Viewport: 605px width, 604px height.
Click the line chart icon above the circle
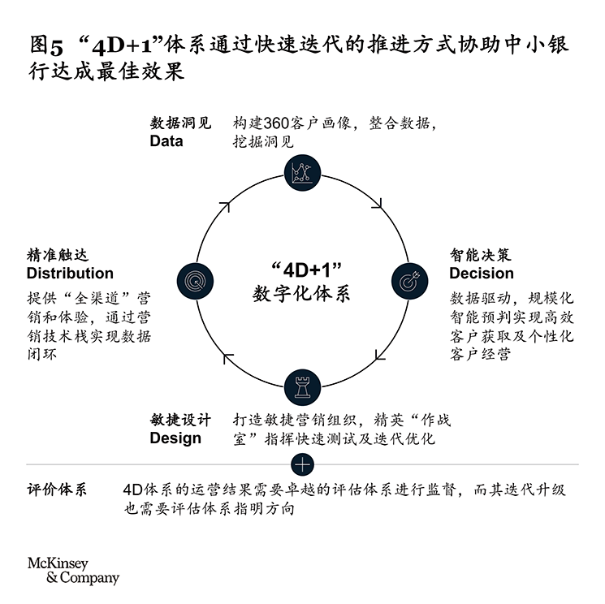click(302, 173)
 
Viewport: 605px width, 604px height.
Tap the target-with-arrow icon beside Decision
click(409, 281)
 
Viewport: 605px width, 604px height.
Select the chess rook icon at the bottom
click(302, 387)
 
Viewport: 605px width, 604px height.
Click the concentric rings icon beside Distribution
click(195, 281)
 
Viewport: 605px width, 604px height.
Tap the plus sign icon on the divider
click(302, 464)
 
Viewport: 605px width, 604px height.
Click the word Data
click(166, 141)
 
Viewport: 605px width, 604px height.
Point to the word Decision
click(482, 273)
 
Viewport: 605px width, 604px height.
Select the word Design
click(175, 438)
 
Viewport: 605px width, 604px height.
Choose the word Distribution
click(70, 273)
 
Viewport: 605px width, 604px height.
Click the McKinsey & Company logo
click(73, 571)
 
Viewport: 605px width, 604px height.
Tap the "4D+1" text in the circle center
click(307, 270)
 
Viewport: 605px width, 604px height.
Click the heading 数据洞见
click(181, 123)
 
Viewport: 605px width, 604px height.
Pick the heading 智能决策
click(481, 255)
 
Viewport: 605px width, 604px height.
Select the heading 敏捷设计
click(181, 420)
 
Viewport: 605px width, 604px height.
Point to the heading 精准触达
click(58, 255)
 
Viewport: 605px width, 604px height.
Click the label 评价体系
click(57, 490)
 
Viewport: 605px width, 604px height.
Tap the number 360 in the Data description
click(276, 123)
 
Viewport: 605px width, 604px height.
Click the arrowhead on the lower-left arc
click(227, 358)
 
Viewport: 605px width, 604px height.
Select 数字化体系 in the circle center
click(301, 294)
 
